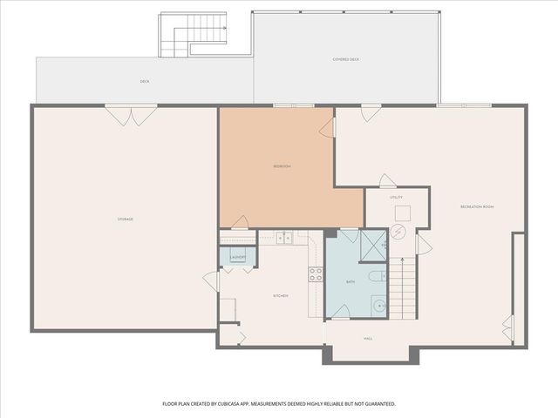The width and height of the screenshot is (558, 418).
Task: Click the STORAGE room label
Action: pyautogui.click(x=126, y=219)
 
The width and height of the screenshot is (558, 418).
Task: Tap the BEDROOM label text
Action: pyautogui.click(x=282, y=166)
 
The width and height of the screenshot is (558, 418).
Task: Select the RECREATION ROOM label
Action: pyautogui.click(x=477, y=206)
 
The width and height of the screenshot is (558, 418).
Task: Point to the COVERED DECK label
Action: pyautogui.click(x=346, y=59)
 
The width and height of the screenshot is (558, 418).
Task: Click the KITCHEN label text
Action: pyautogui.click(x=281, y=296)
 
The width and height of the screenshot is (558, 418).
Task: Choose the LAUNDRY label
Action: pyautogui.click(x=237, y=258)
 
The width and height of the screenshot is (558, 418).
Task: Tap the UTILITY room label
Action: pyautogui.click(x=396, y=198)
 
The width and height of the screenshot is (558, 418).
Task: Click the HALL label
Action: pyautogui.click(x=368, y=339)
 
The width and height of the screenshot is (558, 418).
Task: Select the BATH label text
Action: pyautogui.click(x=350, y=282)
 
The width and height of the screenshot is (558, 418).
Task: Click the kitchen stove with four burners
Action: pyautogui.click(x=316, y=274)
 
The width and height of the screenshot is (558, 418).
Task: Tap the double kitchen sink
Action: pyautogui.click(x=283, y=237)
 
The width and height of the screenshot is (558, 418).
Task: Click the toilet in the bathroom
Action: pyautogui.click(x=375, y=277)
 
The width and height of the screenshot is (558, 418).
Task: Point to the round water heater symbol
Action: pyautogui.click(x=398, y=233)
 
